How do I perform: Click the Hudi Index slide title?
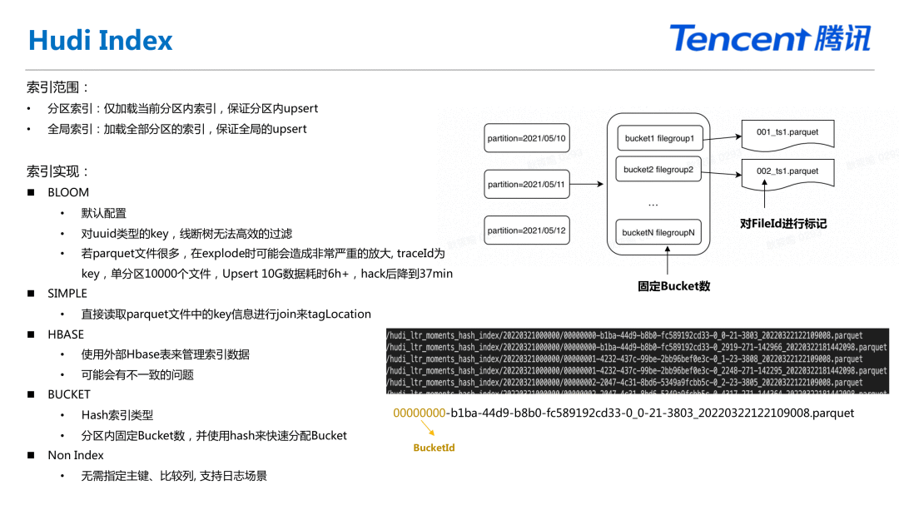coord(101,40)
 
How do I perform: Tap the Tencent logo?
coord(770,38)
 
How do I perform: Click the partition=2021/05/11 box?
coord(526,184)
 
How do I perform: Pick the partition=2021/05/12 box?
coord(526,230)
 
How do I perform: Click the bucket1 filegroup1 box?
coord(658,138)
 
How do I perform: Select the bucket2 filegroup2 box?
coord(658,170)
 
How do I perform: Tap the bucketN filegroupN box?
coord(658,233)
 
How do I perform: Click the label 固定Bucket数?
coord(673,286)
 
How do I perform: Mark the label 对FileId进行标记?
coord(782,223)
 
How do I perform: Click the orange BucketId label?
coord(434,448)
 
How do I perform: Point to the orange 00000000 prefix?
coord(420,413)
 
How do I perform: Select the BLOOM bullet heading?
coord(68,192)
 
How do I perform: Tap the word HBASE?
coord(66,334)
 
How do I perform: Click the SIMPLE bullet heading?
coord(67,293)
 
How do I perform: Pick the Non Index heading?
coord(76,455)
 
